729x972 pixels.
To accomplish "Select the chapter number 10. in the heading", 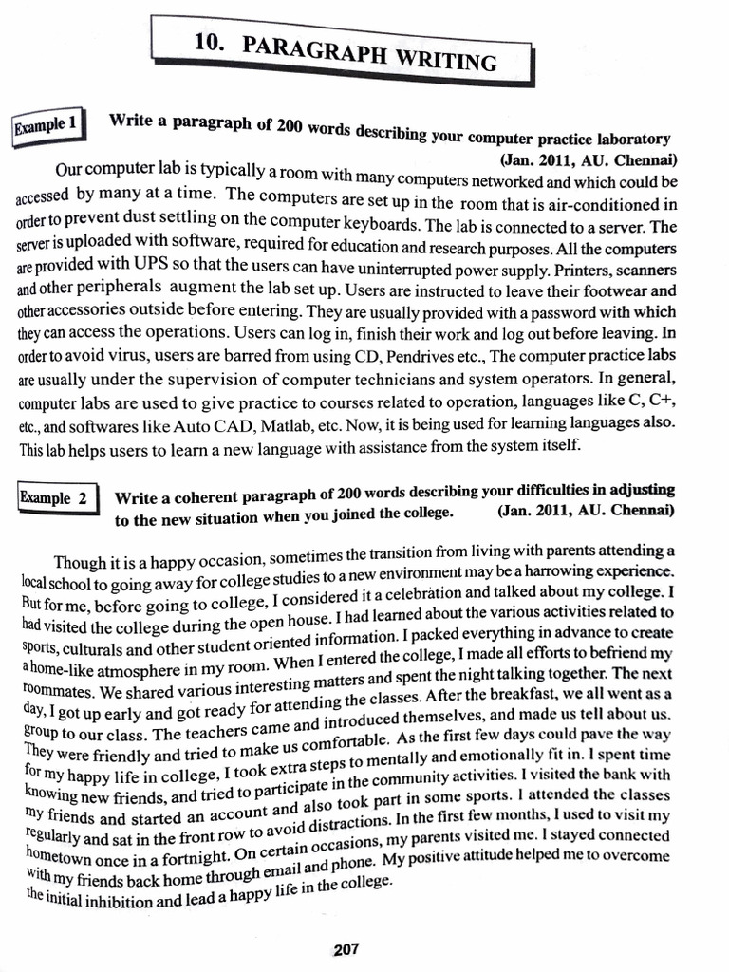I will click(208, 40).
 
